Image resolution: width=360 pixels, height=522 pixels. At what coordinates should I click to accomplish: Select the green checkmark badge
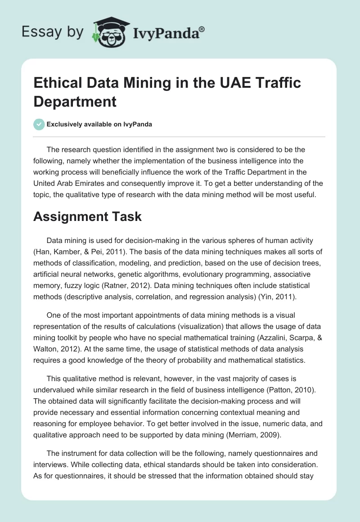point(39,125)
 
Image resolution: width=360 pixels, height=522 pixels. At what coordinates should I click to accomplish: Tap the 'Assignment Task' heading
point(87,216)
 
